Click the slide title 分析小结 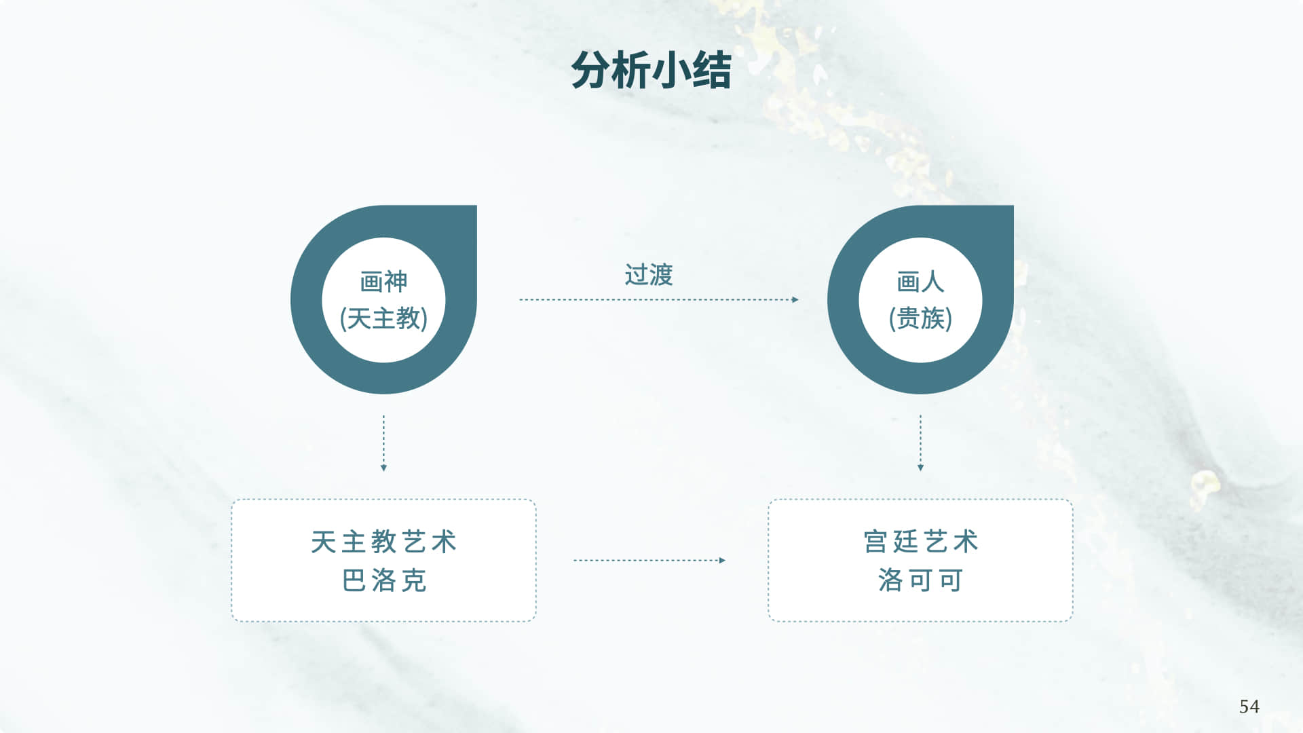tap(651, 71)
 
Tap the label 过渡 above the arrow tap(649, 275)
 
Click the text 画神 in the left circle tap(383, 282)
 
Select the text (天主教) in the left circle tap(383, 318)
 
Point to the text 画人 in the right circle tap(920, 282)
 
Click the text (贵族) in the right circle tap(920, 318)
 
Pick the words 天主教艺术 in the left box tap(383, 542)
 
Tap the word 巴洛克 tap(383, 581)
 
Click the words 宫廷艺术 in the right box tap(920, 542)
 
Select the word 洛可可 tap(920, 581)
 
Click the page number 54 tap(1249, 707)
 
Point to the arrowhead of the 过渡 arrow tap(795, 299)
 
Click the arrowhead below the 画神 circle tap(383, 468)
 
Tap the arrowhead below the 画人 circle tap(920, 468)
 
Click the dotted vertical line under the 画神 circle tap(383, 438)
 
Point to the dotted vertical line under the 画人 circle tap(920, 438)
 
